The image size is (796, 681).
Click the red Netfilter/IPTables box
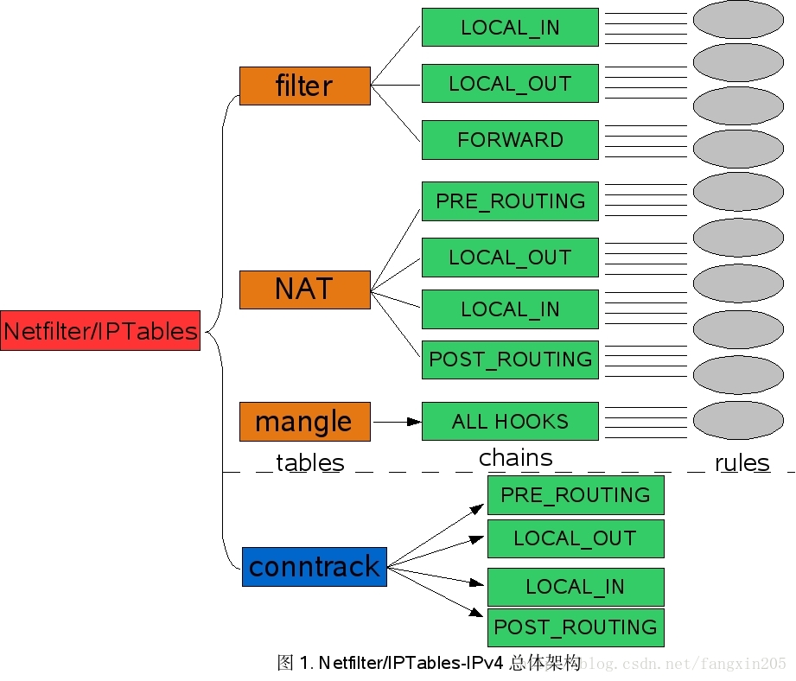click(100, 330)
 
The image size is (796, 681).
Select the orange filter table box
click(304, 86)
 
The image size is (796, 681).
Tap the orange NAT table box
click(304, 290)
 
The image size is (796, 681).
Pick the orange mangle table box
click(304, 422)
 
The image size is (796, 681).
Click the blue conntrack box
click(315, 567)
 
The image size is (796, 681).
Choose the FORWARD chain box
click(510, 140)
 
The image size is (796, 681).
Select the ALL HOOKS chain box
click(510, 421)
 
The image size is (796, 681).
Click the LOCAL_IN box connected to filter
click(510, 28)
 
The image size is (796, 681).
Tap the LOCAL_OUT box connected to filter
click(510, 83)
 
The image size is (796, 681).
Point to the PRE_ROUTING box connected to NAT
click(510, 201)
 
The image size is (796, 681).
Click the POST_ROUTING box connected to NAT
click(510, 360)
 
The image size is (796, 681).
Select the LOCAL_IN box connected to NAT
click(510, 309)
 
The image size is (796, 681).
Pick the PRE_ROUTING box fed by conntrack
click(576, 495)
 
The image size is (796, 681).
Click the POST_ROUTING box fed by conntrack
click(576, 627)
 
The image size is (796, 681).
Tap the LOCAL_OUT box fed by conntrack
click(576, 538)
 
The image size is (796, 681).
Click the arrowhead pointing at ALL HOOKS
click(414, 422)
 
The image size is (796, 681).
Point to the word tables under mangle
click(309, 463)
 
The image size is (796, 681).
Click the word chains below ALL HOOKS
click(516, 458)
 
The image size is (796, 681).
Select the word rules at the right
click(742, 463)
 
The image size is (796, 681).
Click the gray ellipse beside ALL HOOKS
click(739, 421)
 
